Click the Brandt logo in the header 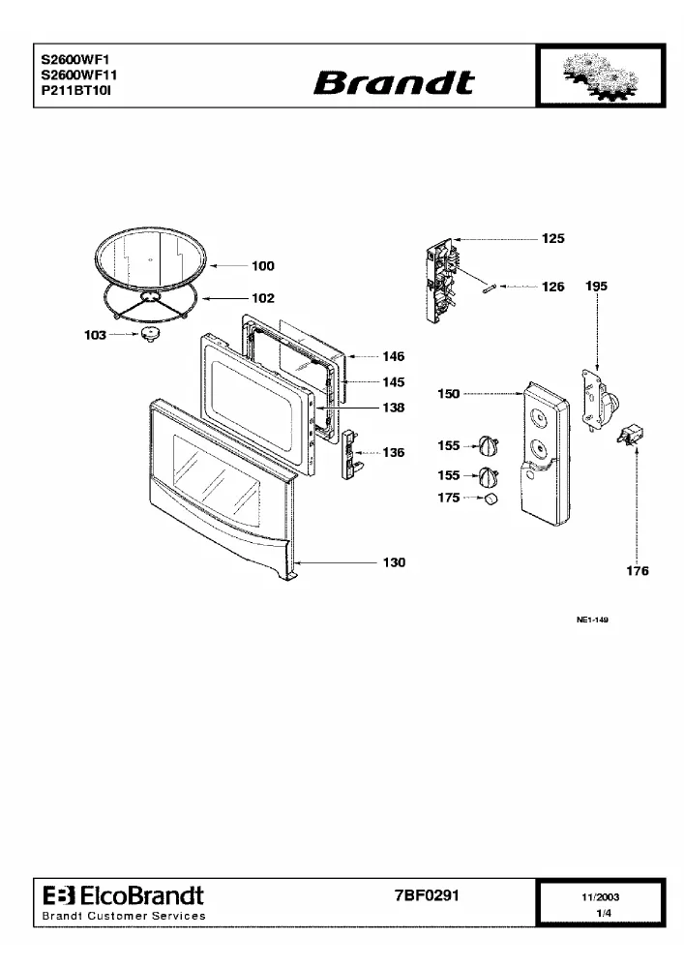pyautogui.click(x=395, y=82)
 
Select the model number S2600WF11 pyautogui.click(x=79, y=76)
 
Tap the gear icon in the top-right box pyautogui.click(x=601, y=76)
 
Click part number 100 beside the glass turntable pyautogui.click(x=263, y=266)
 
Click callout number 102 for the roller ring pyautogui.click(x=263, y=298)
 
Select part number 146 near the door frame pyautogui.click(x=394, y=357)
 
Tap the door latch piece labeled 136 pyautogui.click(x=350, y=455)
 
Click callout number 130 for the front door pyautogui.click(x=394, y=562)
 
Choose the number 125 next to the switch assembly pyautogui.click(x=553, y=238)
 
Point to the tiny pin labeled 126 pyautogui.click(x=490, y=287)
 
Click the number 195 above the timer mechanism pyautogui.click(x=596, y=286)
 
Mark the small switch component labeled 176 pyautogui.click(x=630, y=435)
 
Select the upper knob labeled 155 pyautogui.click(x=489, y=444)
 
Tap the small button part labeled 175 pyautogui.click(x=491, y=499)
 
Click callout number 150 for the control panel pyautogui.click(x=448, y=393)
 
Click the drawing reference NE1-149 pyautogui.click(x=592, y=620)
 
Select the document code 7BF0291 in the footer pyautogui.click(x=427, y=895)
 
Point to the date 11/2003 pyautogui.click(x=601, y=897)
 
